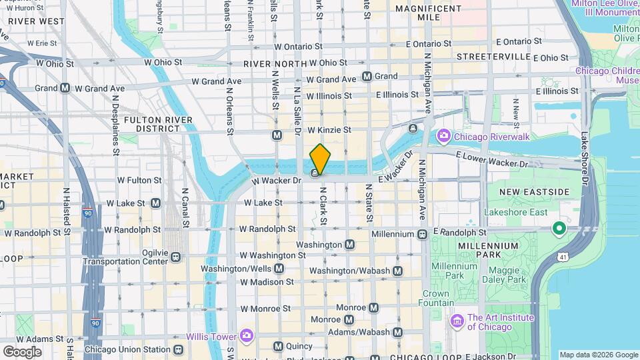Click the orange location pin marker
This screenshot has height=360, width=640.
click(320, 159)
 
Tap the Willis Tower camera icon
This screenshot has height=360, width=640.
click(247, 335)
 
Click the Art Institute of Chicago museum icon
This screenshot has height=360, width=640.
click(457, 322)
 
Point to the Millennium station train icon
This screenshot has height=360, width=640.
click(422, 235)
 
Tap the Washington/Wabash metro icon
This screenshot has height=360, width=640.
click(397, 271)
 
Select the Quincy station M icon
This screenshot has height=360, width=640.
click(278, 346)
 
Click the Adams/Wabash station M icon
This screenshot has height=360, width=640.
click(397, 332)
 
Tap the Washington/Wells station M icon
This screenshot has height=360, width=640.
click(278, 269)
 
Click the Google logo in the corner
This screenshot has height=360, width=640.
click(22, 351)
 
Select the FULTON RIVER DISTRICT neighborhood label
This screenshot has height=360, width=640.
click(158, 125)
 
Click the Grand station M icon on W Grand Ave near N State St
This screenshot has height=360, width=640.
click(366, 77)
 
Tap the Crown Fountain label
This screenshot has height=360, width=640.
click(435, 298)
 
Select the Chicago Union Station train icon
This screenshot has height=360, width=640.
click(178, 349)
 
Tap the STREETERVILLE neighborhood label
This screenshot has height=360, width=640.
click(492, 56)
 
